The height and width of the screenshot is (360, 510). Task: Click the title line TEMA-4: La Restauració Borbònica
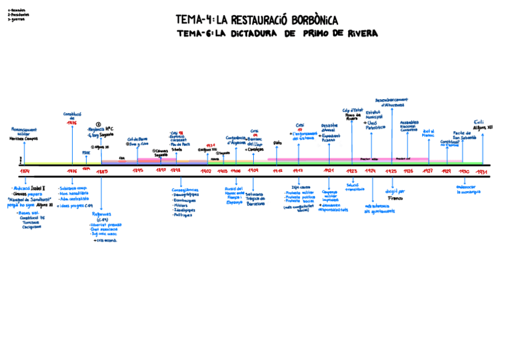pyautogui.click(x=257, y=20)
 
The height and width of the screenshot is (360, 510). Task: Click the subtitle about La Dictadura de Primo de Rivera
pyautogui.click(x=277, y=34)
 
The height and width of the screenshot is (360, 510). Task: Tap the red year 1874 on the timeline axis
pyautogui.click(x=25, y=171)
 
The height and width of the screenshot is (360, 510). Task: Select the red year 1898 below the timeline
pyautogui.click(x=176, y=171)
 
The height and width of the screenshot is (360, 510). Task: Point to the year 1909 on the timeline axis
pyautogui.click(x=253, y=171)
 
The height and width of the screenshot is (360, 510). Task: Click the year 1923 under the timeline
pyautogui.click(x=352, y=171)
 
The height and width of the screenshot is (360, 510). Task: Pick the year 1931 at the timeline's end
pyautogui.click(x=481, y=171)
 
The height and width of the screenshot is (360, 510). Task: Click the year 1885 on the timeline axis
pyautogui.click(x=102, y=171)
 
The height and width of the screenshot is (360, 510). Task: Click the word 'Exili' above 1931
pyautogui.click(x=479, y=122)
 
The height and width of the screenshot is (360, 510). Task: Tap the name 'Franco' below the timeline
pyautogui.click(x=395, y=198)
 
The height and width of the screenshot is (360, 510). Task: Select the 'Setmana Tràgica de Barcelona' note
pyautogui.click(x=255, y=198)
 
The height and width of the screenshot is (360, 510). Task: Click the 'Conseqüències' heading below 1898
pyautogui.click(x=185, y=191)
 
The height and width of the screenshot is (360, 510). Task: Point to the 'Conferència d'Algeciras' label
pyautogui.click(x=236, y=140)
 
